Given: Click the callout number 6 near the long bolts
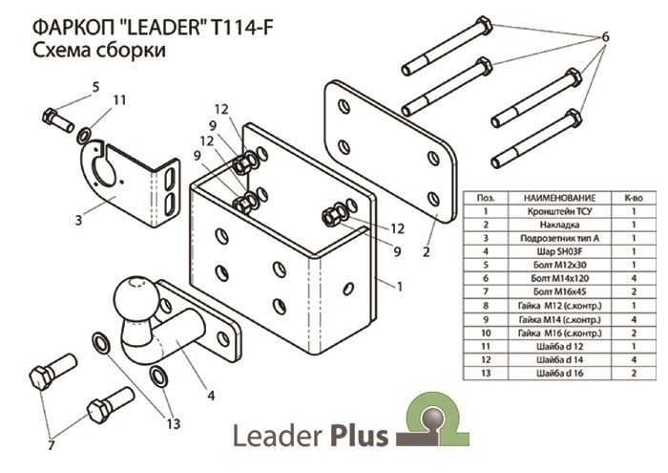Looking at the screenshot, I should tap(604, 39).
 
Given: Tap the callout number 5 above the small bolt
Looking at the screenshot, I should tap(94, 88).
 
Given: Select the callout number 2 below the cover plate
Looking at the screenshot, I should tap(426, 252).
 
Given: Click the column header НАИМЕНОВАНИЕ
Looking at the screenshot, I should tap(554, 196).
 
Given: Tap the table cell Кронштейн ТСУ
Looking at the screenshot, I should tap(554, 211).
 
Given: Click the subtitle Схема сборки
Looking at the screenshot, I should tap(99, 51).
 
